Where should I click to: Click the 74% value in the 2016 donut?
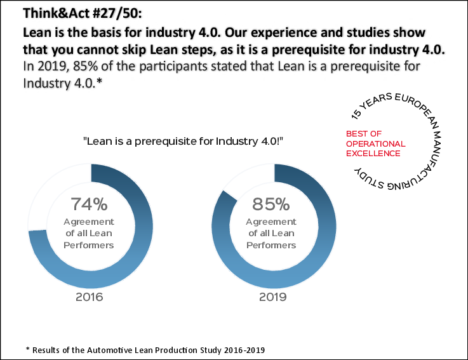click(x=89, y=205)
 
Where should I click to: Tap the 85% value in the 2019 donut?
click(x=271, y=205)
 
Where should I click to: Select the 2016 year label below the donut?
click(x=89, y=297)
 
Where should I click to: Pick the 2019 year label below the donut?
click(x=271, y=297)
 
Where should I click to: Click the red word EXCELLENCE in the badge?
click(x=373, y=153)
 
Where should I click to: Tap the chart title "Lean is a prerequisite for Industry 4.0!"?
click(x=182, y=141)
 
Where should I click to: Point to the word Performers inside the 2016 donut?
click(x=89, y=245)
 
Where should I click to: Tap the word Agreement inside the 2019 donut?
click(x=271, y=222)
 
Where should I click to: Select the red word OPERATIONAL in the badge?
click(x=375, y=144)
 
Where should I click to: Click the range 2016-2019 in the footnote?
click(x=239, y=349)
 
